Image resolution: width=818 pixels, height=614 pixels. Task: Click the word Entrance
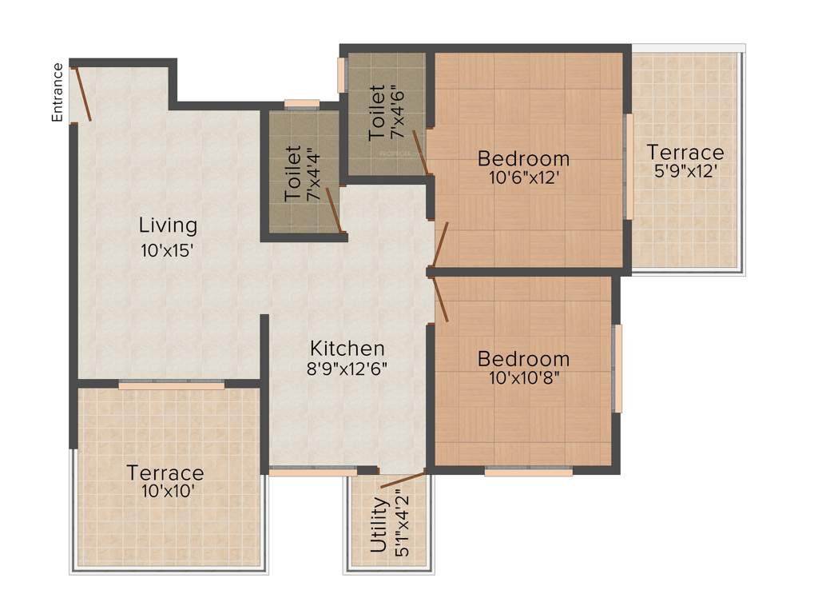[58, 92]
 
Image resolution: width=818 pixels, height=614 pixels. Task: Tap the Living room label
[168, 225]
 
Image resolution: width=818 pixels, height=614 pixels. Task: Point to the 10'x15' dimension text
[168, 250]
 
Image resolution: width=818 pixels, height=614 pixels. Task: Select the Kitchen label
[347, 349]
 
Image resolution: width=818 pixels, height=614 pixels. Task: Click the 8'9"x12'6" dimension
[347, 369]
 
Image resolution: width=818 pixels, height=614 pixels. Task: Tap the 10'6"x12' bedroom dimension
[523, 178]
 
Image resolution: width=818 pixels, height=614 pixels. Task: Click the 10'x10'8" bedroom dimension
[523, 377]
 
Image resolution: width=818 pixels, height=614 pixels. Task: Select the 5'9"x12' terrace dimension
[685, 171]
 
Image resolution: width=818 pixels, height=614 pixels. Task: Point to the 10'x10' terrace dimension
[165, 492]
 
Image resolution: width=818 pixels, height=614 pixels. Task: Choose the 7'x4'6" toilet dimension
[398, 114]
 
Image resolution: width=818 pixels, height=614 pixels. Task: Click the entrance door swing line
[82, 94]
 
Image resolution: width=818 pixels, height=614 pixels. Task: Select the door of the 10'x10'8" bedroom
[441, 297]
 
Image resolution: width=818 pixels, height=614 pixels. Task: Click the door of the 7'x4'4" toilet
[334, 209]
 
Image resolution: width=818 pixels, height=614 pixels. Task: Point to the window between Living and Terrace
[171, 385]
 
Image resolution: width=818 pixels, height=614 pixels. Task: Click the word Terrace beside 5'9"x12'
[685, 152]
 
